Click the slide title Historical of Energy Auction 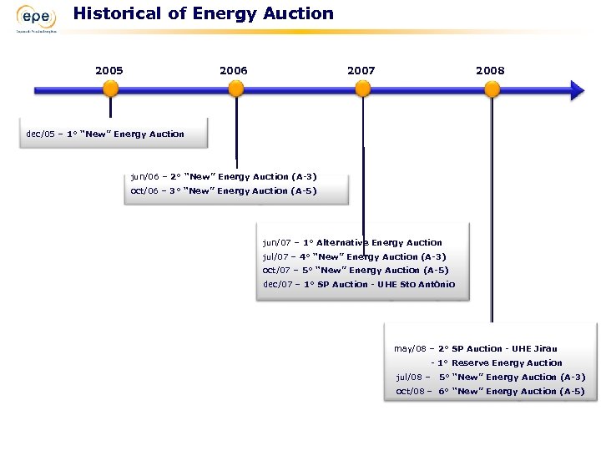click(x=203, y=13)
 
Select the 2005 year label click(x=109, y=70)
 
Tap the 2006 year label click(x=234, y=70)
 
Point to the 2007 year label click(x=361, y=70)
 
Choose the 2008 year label click(x=490, y=70)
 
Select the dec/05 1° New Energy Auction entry click(x=106, y=134)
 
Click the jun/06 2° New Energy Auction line click(x=224, y=176)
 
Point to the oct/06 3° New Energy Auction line click(x=224, y=190)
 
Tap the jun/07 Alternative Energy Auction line click(x=352, y=242)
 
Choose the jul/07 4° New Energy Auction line click(x=354, y=256)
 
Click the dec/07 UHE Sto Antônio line click(x=359, y=284)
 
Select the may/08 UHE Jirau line click(x=476, y=348)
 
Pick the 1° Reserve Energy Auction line click(x=497, y=362)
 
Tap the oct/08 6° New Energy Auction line click(x=490, y=391)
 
